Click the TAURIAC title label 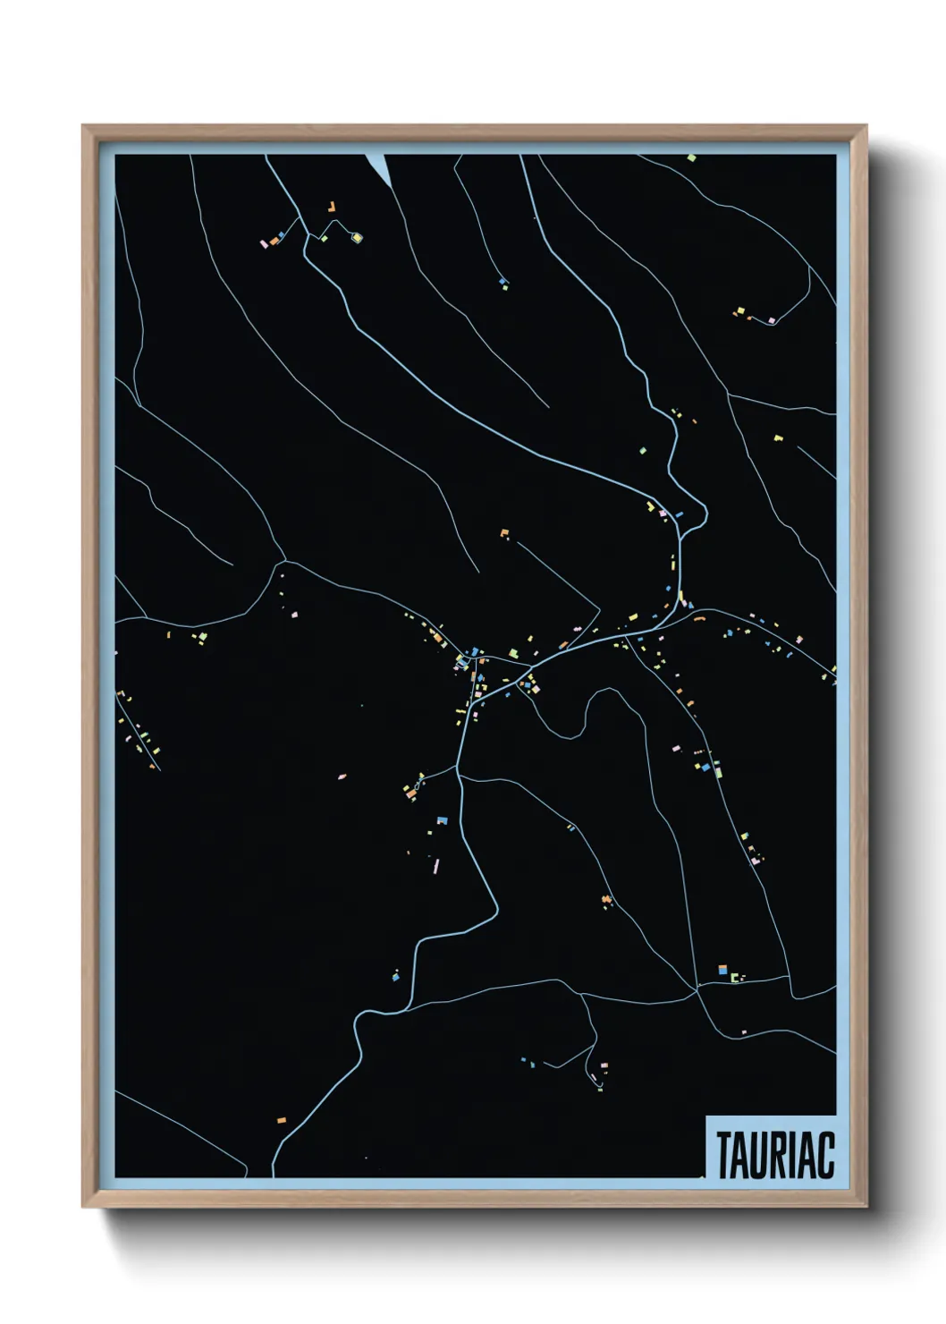point(774,1154)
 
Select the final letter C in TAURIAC point(826,1155)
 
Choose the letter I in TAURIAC point(790,1155)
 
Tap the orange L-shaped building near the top point(331,207)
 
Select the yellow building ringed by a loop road point(356,238)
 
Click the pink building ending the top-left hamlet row point(264,243)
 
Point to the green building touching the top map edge point(691,158)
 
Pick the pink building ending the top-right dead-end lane point(771,320)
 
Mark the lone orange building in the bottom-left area point(281,1120)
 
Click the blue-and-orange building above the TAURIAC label point(722,970)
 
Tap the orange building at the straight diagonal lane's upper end point(504,533)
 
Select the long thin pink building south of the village point(436,865)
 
